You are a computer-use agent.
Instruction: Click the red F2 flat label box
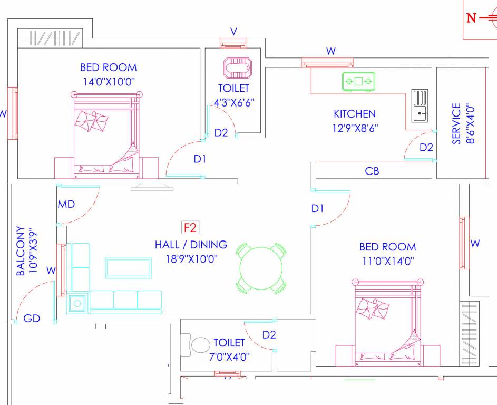pos(190,228)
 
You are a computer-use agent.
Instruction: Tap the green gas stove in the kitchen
pos(358,81)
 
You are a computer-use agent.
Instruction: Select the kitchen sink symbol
pos(420,105)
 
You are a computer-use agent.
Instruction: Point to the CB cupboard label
pos(372,171)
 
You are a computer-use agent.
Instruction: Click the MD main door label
pos(66,204)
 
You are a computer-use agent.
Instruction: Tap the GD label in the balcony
pos(32,319)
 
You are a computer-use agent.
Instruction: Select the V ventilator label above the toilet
pos(233,32)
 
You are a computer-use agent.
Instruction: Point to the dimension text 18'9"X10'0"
pos(190,259)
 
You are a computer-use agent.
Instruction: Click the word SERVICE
pos(456,123)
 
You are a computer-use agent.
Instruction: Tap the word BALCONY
pos(21,252)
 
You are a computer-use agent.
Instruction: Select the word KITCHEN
pos(355,113)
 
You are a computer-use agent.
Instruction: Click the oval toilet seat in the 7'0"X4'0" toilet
pos(200,346)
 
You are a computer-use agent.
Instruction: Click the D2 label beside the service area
pos(426,148)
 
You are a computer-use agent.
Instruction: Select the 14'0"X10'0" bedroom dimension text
pos(108,81)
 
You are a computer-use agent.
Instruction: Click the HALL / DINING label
pos(191,245)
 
